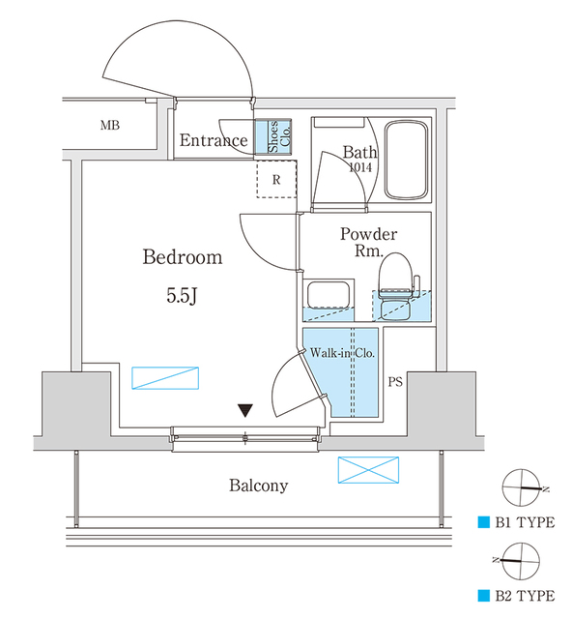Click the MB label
tap(109, 126)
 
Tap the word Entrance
tap(214, 141)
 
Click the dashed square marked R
tap(275, 180)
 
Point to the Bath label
tap(359, 152)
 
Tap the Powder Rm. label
tap(368, 242)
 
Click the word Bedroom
tap(183, 258)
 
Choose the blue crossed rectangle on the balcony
tap(368, 471)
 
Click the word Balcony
tap(258, 486)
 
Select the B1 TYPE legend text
tap(523, 523)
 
